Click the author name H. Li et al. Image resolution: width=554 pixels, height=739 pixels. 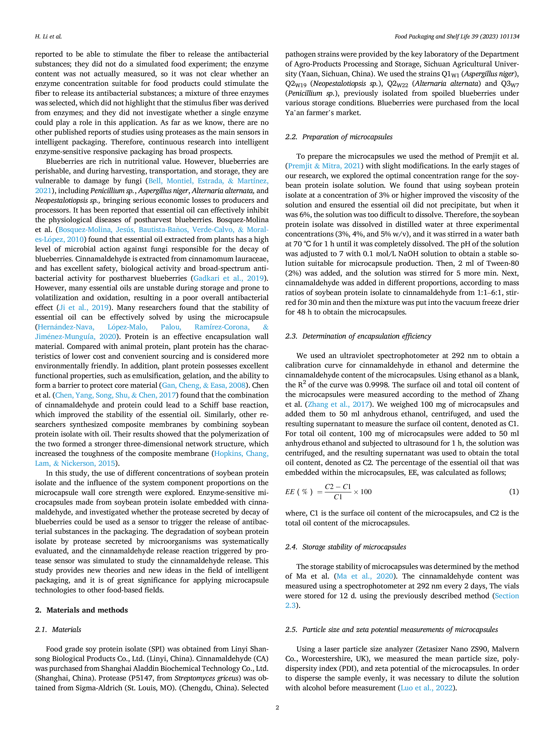pos(48,36)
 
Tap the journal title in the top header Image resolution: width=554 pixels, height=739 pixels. pos(457,36)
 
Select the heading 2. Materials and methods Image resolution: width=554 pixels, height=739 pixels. pos(82,610)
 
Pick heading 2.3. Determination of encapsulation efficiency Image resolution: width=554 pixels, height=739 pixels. pos(358,336)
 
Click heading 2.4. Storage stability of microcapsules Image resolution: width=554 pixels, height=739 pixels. pos(346,547)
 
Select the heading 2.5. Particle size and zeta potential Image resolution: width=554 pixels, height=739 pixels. pos(391,630)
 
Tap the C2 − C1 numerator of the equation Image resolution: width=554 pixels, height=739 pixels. pos(338,486)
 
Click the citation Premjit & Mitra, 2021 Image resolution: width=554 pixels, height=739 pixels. pos(324,166)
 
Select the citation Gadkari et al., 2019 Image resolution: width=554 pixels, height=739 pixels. pos(229,278)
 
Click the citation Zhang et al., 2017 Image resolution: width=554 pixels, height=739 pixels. pos(338,404)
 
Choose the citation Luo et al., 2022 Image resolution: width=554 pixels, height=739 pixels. pos(426,688)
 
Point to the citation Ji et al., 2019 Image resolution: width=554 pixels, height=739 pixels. pos(84,307)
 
